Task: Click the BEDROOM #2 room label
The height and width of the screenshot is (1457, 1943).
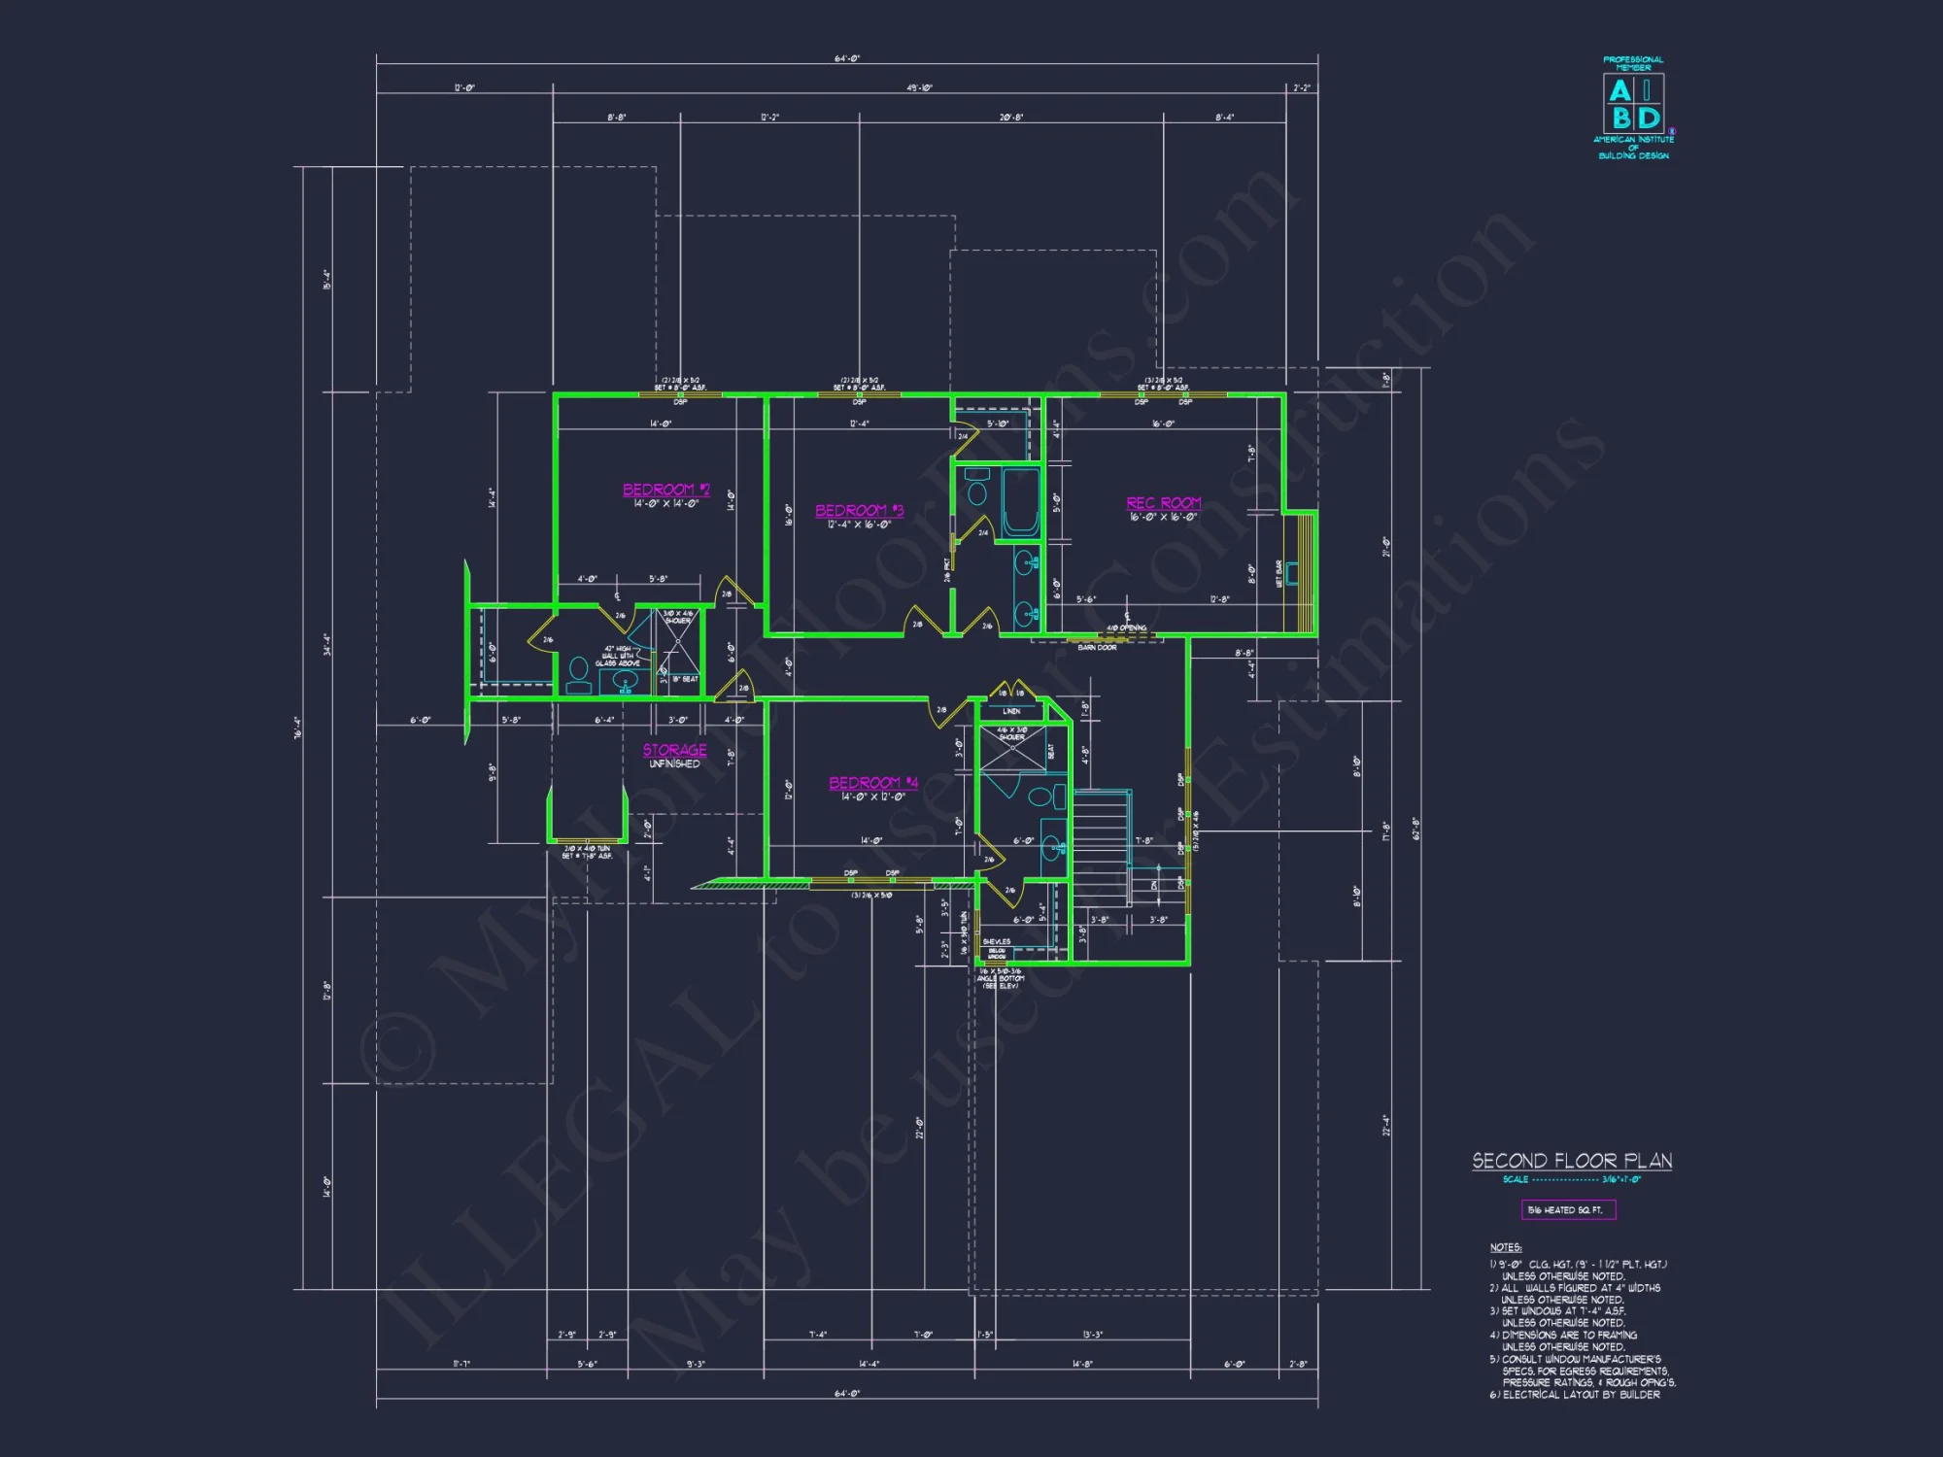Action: pyautogui.click(x=666, y=491)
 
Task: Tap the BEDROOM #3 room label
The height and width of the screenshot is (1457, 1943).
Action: pyautogui.click(x=859, y=511)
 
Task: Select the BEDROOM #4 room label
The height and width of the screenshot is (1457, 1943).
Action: pyautogui.click(x=872, y=783)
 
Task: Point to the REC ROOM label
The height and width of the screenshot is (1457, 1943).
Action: pyautogui.click(x=1163, y=503)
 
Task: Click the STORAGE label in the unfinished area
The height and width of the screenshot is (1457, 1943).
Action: pyautogui.click(x=674, y=750)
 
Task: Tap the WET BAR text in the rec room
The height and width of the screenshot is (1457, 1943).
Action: pyautogui.click(x=1278, y=574)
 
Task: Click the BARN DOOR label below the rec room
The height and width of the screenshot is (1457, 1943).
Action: pyautogui.click(x=1097, y=648)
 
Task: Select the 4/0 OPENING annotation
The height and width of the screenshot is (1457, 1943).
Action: pyautogui.click(x=1126, y=628)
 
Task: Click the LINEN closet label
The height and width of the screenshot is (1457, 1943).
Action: pyautogui.click(x=1011, y=711)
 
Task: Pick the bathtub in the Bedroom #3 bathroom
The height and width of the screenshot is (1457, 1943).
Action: pyautogui.click(x=1020, y=501)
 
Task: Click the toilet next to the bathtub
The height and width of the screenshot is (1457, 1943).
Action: pyautogui.click(x=976, y=489)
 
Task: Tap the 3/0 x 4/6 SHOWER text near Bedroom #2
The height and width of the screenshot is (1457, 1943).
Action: pyautogui.click(x=678, y=617)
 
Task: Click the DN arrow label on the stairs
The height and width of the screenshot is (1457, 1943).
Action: pyautogui.click(x=1154, y=884)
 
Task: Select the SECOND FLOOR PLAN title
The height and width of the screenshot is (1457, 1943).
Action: pyautogui.click(x=1572, y=1161)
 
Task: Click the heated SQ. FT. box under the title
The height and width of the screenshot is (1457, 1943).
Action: pyautogui.click(x=1568, y=1210)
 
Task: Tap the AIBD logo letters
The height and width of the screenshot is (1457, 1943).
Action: pyautogui.click(x=1633, y=105)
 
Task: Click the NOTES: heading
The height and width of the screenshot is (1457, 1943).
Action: pyautogui.click(x=1506, y=1247)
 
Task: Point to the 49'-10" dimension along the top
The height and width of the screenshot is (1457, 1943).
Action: pyautogui.click(x=919, y=88)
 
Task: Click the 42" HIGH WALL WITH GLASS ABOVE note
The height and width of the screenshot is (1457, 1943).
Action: pyautogui.click(x=618, y=656)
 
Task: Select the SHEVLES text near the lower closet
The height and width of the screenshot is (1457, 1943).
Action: pyautogui.click(x=997, y=942)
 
